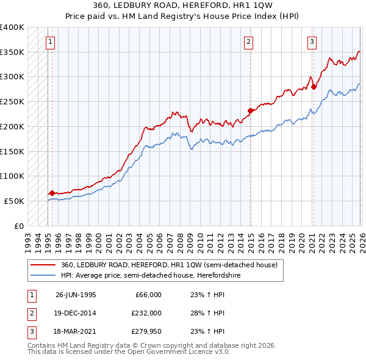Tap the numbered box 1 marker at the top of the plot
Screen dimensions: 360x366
point(50,42)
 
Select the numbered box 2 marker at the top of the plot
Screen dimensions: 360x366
point(249,42)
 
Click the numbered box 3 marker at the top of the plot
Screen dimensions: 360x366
point(312,42)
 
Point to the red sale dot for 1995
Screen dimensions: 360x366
point(52,193)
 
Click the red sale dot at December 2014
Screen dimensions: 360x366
point(250,110)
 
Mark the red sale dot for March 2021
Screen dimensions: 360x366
point(314,87)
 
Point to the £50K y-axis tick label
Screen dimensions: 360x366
point(14,201)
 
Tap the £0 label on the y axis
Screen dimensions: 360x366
point(19,226)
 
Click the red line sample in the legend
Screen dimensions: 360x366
point(43,265)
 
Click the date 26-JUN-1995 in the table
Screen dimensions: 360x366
point(76,295)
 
